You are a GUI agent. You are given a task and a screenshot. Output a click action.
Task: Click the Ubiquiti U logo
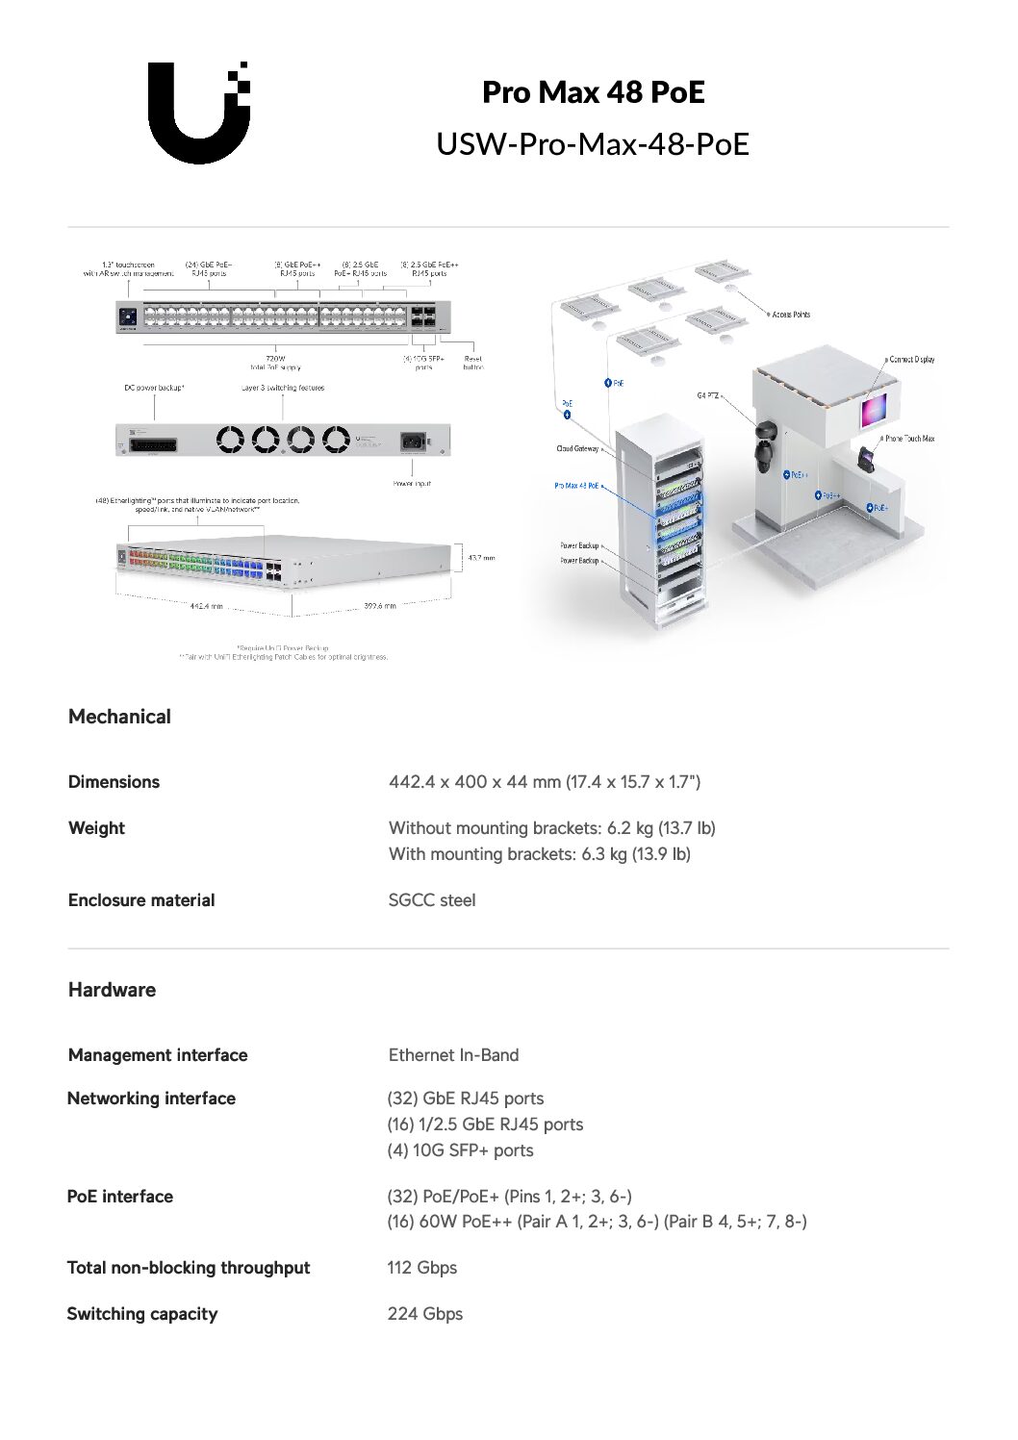click(199, 113)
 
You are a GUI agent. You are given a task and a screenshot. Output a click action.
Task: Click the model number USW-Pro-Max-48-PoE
click(592, 144)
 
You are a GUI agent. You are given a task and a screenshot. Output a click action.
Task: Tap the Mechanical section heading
click(119, 717)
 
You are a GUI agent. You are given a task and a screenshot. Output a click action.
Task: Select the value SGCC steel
click(432, 900)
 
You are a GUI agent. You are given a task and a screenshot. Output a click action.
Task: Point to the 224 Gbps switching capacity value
click(424, 1314)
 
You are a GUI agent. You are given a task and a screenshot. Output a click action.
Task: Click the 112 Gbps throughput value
click(421, 1268)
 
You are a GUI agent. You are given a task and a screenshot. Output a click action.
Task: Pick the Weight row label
click(96, 828)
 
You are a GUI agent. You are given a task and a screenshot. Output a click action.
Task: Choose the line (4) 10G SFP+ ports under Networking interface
click(460, 1150)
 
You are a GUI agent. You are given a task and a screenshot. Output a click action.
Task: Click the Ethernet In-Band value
click(453, 1055)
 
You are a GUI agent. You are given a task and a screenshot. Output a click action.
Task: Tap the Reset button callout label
click(472, 363)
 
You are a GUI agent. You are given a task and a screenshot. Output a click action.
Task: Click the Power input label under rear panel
click(412, 484)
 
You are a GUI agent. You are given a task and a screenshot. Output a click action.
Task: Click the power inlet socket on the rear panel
click(413, 441)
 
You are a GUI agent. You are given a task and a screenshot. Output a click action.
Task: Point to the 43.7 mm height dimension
click(481, 558)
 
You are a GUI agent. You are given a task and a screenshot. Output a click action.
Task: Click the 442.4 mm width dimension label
click(206, 606)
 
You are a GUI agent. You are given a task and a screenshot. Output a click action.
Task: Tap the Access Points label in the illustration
click(791, 315)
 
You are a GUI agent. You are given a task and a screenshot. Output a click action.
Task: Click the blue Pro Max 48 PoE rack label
click(576, 486)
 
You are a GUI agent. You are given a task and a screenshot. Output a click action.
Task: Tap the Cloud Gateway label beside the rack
click(577, 448)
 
